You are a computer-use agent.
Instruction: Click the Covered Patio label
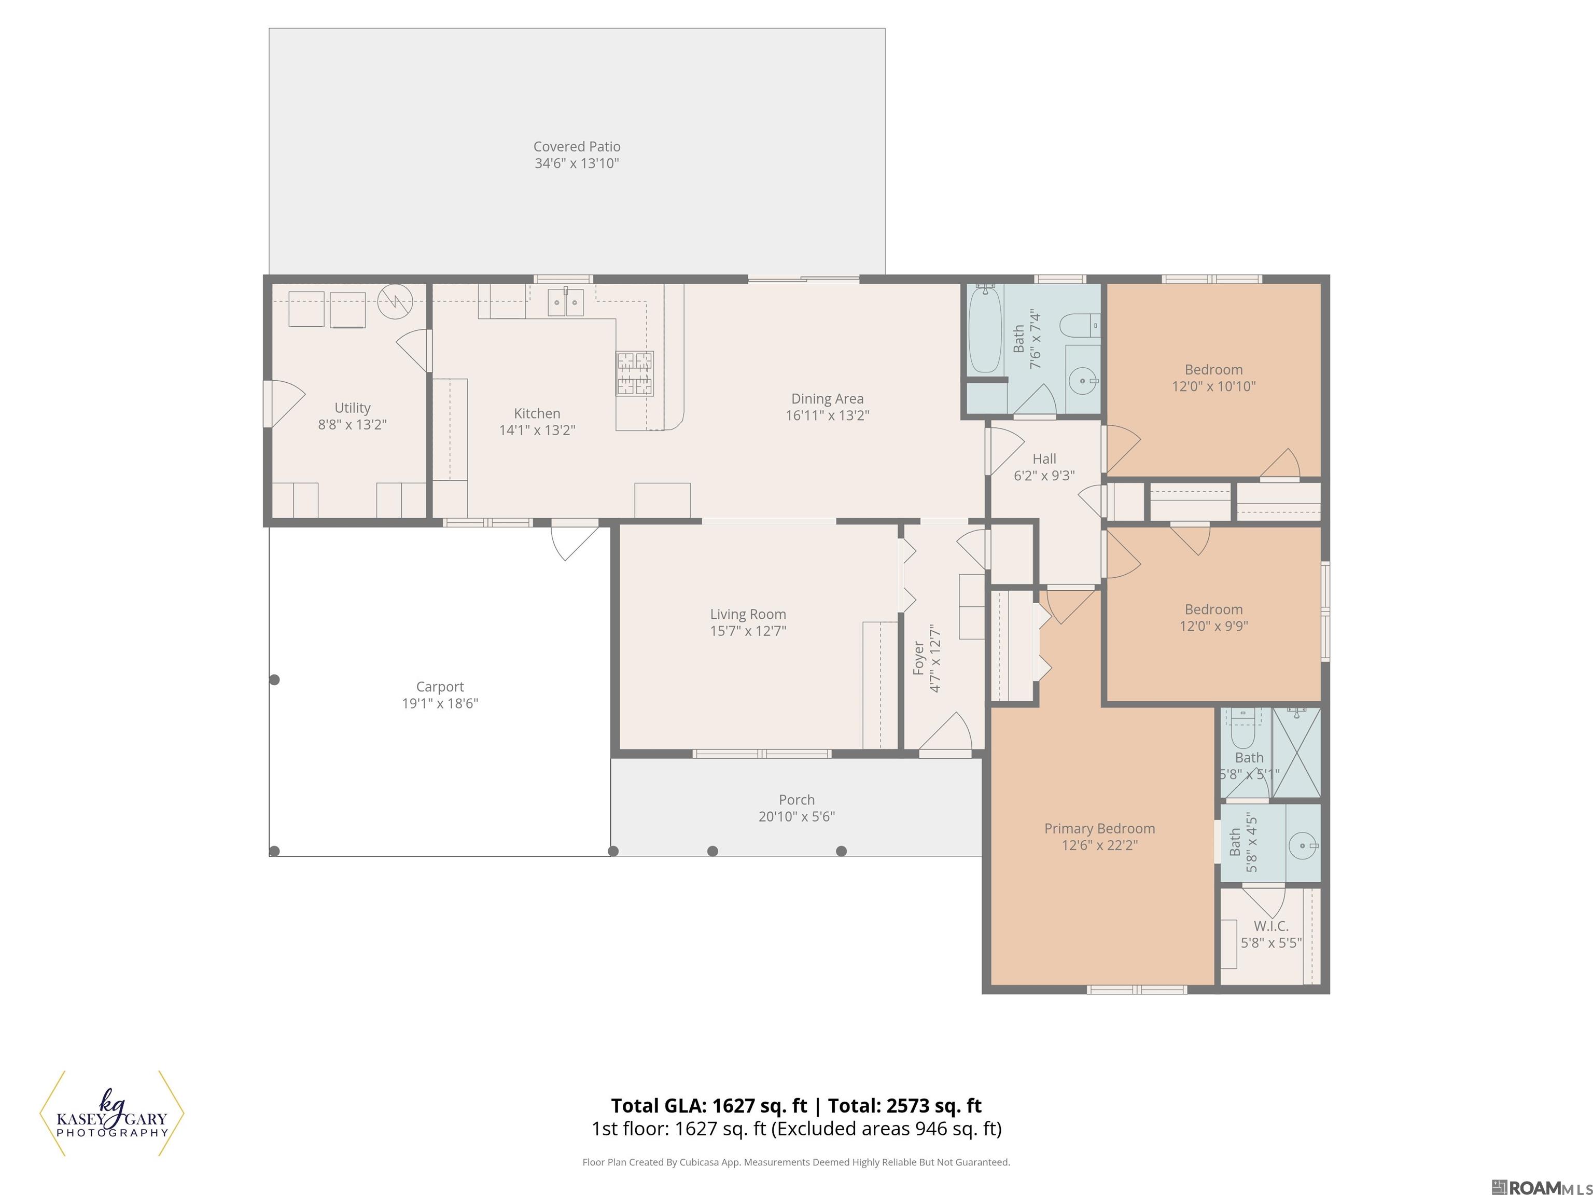click(x=576, y=146)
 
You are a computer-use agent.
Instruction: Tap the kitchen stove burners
click(x=635, y=373)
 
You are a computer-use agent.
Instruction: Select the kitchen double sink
click(x=565, y=302)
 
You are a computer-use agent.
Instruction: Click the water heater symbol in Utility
click(x=395, y=301)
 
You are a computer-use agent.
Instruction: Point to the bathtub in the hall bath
click(x=984, y=329)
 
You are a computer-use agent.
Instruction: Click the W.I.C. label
click(x=1270, y=926)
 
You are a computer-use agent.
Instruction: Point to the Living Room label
click(x=748, y=614)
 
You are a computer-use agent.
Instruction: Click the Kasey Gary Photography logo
click(x=111, y=1114)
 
